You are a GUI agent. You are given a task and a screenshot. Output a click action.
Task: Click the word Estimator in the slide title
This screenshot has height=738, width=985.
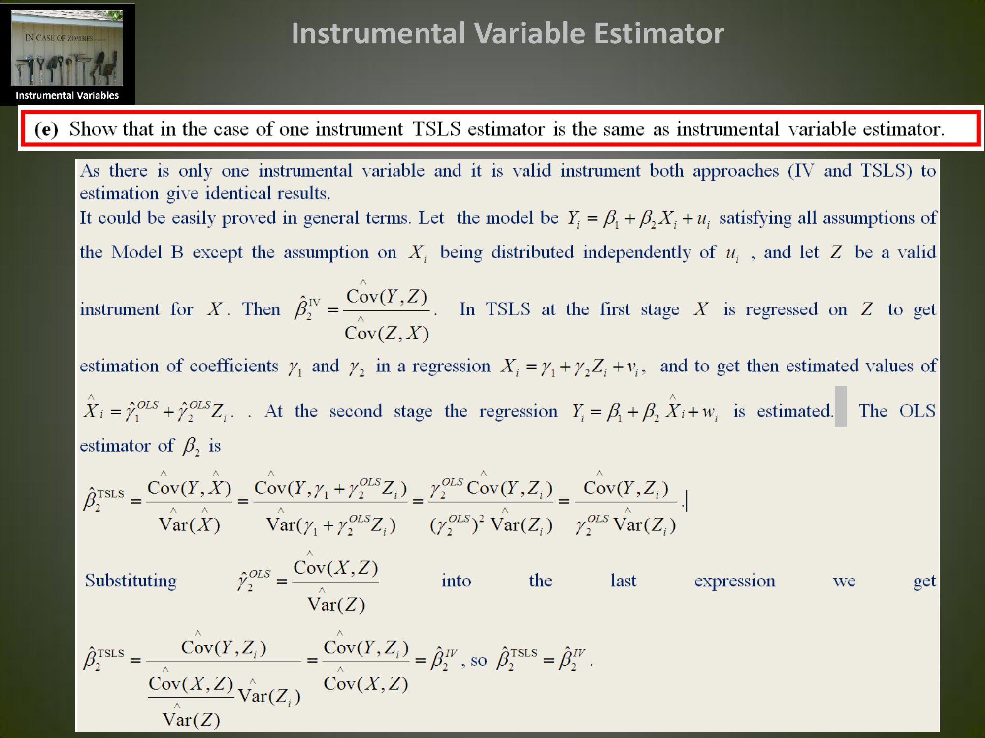click(x=659, y=33)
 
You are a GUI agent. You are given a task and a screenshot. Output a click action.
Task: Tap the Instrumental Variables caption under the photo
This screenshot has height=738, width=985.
click(x=67, y=95)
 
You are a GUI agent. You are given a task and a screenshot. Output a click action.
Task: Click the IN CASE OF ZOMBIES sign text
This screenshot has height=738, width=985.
click(x=59, y=38)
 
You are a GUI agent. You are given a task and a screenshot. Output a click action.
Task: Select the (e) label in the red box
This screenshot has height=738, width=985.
click(x=46, y=129)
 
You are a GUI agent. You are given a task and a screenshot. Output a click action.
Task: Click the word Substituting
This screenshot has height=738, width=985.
click(x=131, y=581)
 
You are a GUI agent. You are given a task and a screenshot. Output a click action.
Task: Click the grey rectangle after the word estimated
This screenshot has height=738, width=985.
click(x=841, y=406)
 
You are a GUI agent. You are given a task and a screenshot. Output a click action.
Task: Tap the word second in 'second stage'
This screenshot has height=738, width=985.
click(x=356, y=411)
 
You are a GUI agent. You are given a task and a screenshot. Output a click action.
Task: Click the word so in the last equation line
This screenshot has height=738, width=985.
click(x=479, y=660)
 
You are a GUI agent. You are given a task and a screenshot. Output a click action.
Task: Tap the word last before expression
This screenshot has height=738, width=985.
click(x=623, y=581)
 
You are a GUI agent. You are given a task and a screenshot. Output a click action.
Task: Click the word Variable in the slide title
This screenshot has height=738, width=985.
click(x=529, y=33)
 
